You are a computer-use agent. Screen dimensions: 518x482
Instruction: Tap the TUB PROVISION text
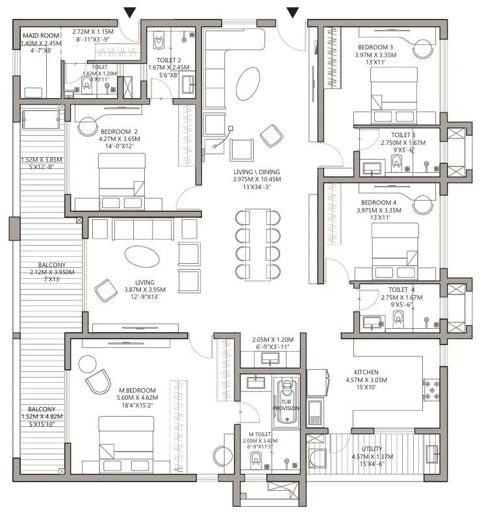[286, 404]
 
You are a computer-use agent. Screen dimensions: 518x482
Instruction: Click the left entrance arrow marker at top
[131, 11]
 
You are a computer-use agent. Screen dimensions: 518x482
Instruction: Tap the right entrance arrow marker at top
[293, 11]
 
